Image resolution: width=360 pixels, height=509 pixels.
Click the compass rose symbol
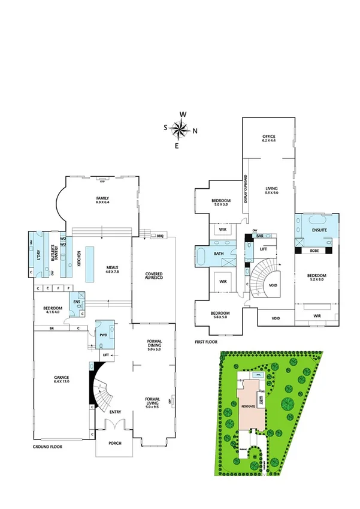[180, 128]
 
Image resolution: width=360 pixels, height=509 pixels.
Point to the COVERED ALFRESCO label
[154, 278]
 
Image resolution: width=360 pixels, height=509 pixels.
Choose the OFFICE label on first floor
[268, 138]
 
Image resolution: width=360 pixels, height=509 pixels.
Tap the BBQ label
[160, 236]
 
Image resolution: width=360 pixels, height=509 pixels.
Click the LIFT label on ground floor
[106, 355]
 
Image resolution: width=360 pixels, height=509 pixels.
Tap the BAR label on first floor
[260, 236]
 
